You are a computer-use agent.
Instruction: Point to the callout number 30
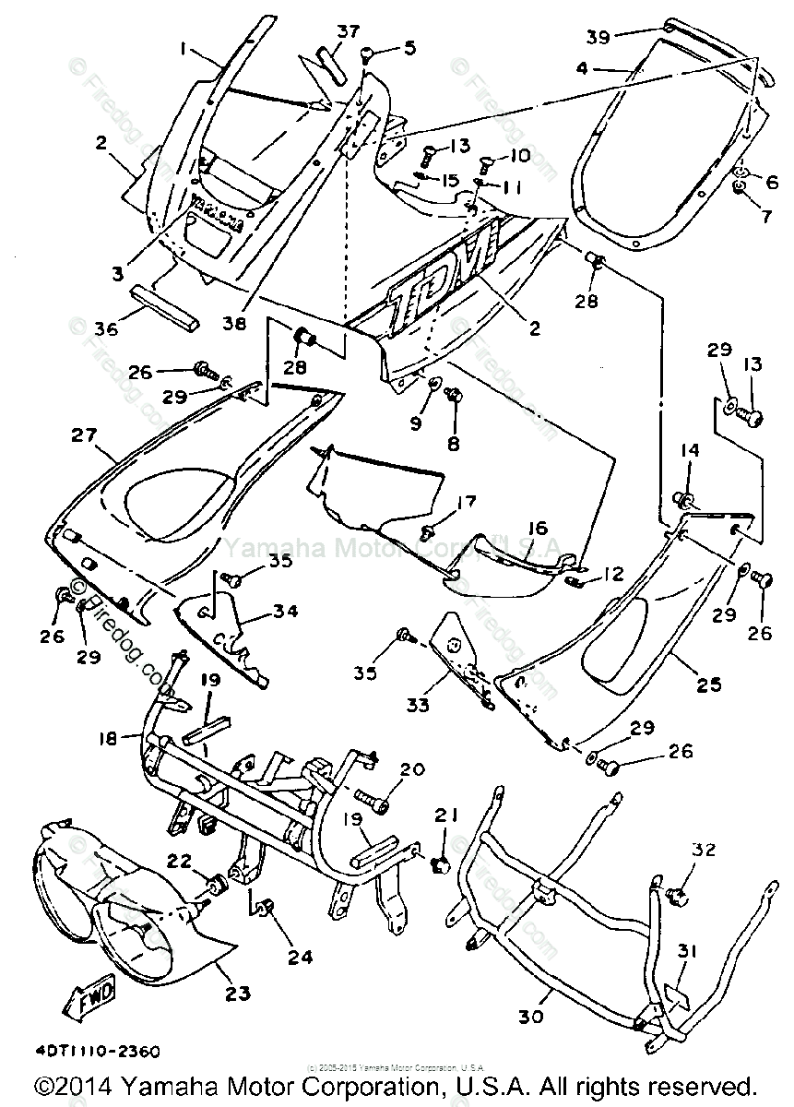(x=531, y=1018)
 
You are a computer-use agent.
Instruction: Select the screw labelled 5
(x=367, y=54)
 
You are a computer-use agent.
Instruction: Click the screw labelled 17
(x=428, y=531)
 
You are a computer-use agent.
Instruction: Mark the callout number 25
(x=709, y=685)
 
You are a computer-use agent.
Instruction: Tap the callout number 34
(x=285, y=610)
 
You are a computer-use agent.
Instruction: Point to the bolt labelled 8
(x=453, y=396)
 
